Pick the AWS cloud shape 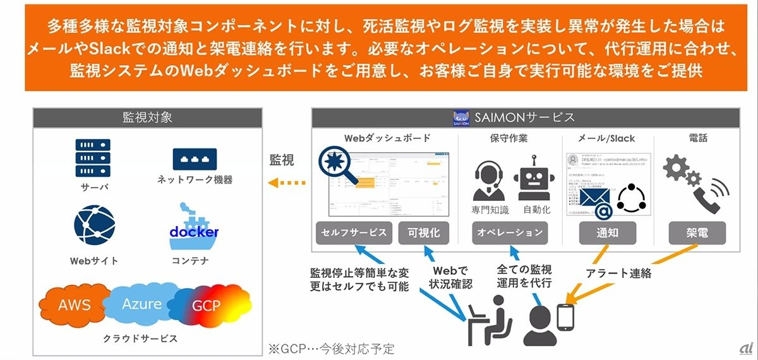pyautogui.click(x=75, y=305)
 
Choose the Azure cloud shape pyautogui.click(x=141, y=304)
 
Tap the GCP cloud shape pyautogui.click(x=207, y=306)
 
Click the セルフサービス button pyautogui.click(x=355, y=232)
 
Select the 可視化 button pyautogui.click(x=424, y=232)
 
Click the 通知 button pyautogui.click(x=607, y=232)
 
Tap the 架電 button pyautogui.click(x=697, y=232)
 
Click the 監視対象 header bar pyautogui.click(x=147, y=117)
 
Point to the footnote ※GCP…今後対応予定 pyautogui.click(x=331, y=348)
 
